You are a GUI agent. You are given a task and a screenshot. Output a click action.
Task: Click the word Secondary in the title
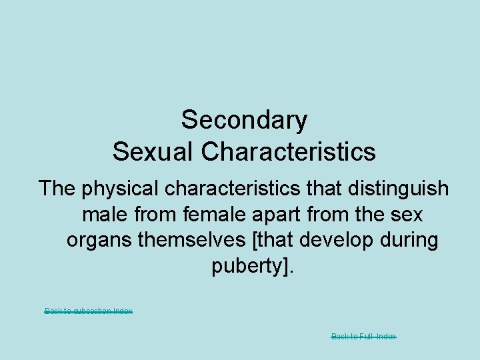coord(244,120)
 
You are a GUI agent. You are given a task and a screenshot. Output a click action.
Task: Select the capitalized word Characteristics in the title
coord(289,151)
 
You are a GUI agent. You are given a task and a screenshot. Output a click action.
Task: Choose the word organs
coord(99,240)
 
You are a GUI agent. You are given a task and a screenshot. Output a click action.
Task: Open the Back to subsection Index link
coord(88,311)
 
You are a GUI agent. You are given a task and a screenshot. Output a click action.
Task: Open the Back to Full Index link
coord(363,337)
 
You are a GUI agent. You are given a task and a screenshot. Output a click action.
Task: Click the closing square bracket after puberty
coord(286,265)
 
